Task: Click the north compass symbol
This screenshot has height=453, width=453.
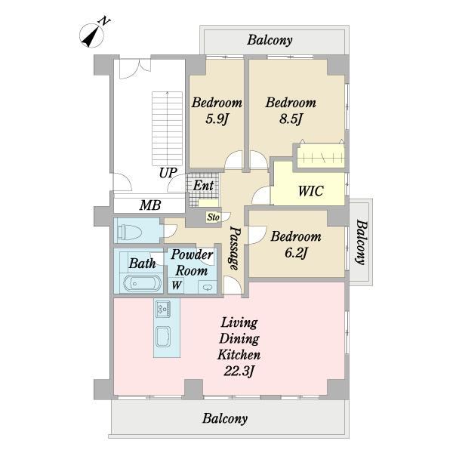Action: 91,35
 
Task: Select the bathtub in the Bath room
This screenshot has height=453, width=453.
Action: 143,283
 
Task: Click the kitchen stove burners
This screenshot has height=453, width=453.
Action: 163,308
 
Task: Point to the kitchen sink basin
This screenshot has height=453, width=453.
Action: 163,337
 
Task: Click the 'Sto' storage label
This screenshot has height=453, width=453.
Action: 214,217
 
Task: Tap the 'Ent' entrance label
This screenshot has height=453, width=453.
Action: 203,186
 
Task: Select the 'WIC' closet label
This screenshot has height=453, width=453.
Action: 310,191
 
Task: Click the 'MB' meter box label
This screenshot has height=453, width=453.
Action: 150,205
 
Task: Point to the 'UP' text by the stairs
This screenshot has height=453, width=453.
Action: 168,173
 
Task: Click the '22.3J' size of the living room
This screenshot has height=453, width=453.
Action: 239,371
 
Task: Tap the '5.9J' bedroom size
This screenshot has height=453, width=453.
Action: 217,119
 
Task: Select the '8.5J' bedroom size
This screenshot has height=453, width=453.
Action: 291,119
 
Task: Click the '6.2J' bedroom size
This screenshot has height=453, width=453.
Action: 296,253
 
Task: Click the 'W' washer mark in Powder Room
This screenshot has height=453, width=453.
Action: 177,285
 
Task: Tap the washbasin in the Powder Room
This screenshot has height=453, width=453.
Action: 207,287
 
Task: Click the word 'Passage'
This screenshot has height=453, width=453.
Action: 235,248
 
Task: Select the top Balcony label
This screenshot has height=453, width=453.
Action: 270,40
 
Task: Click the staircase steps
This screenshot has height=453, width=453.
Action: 168,128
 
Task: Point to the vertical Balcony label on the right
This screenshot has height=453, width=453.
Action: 361,242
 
